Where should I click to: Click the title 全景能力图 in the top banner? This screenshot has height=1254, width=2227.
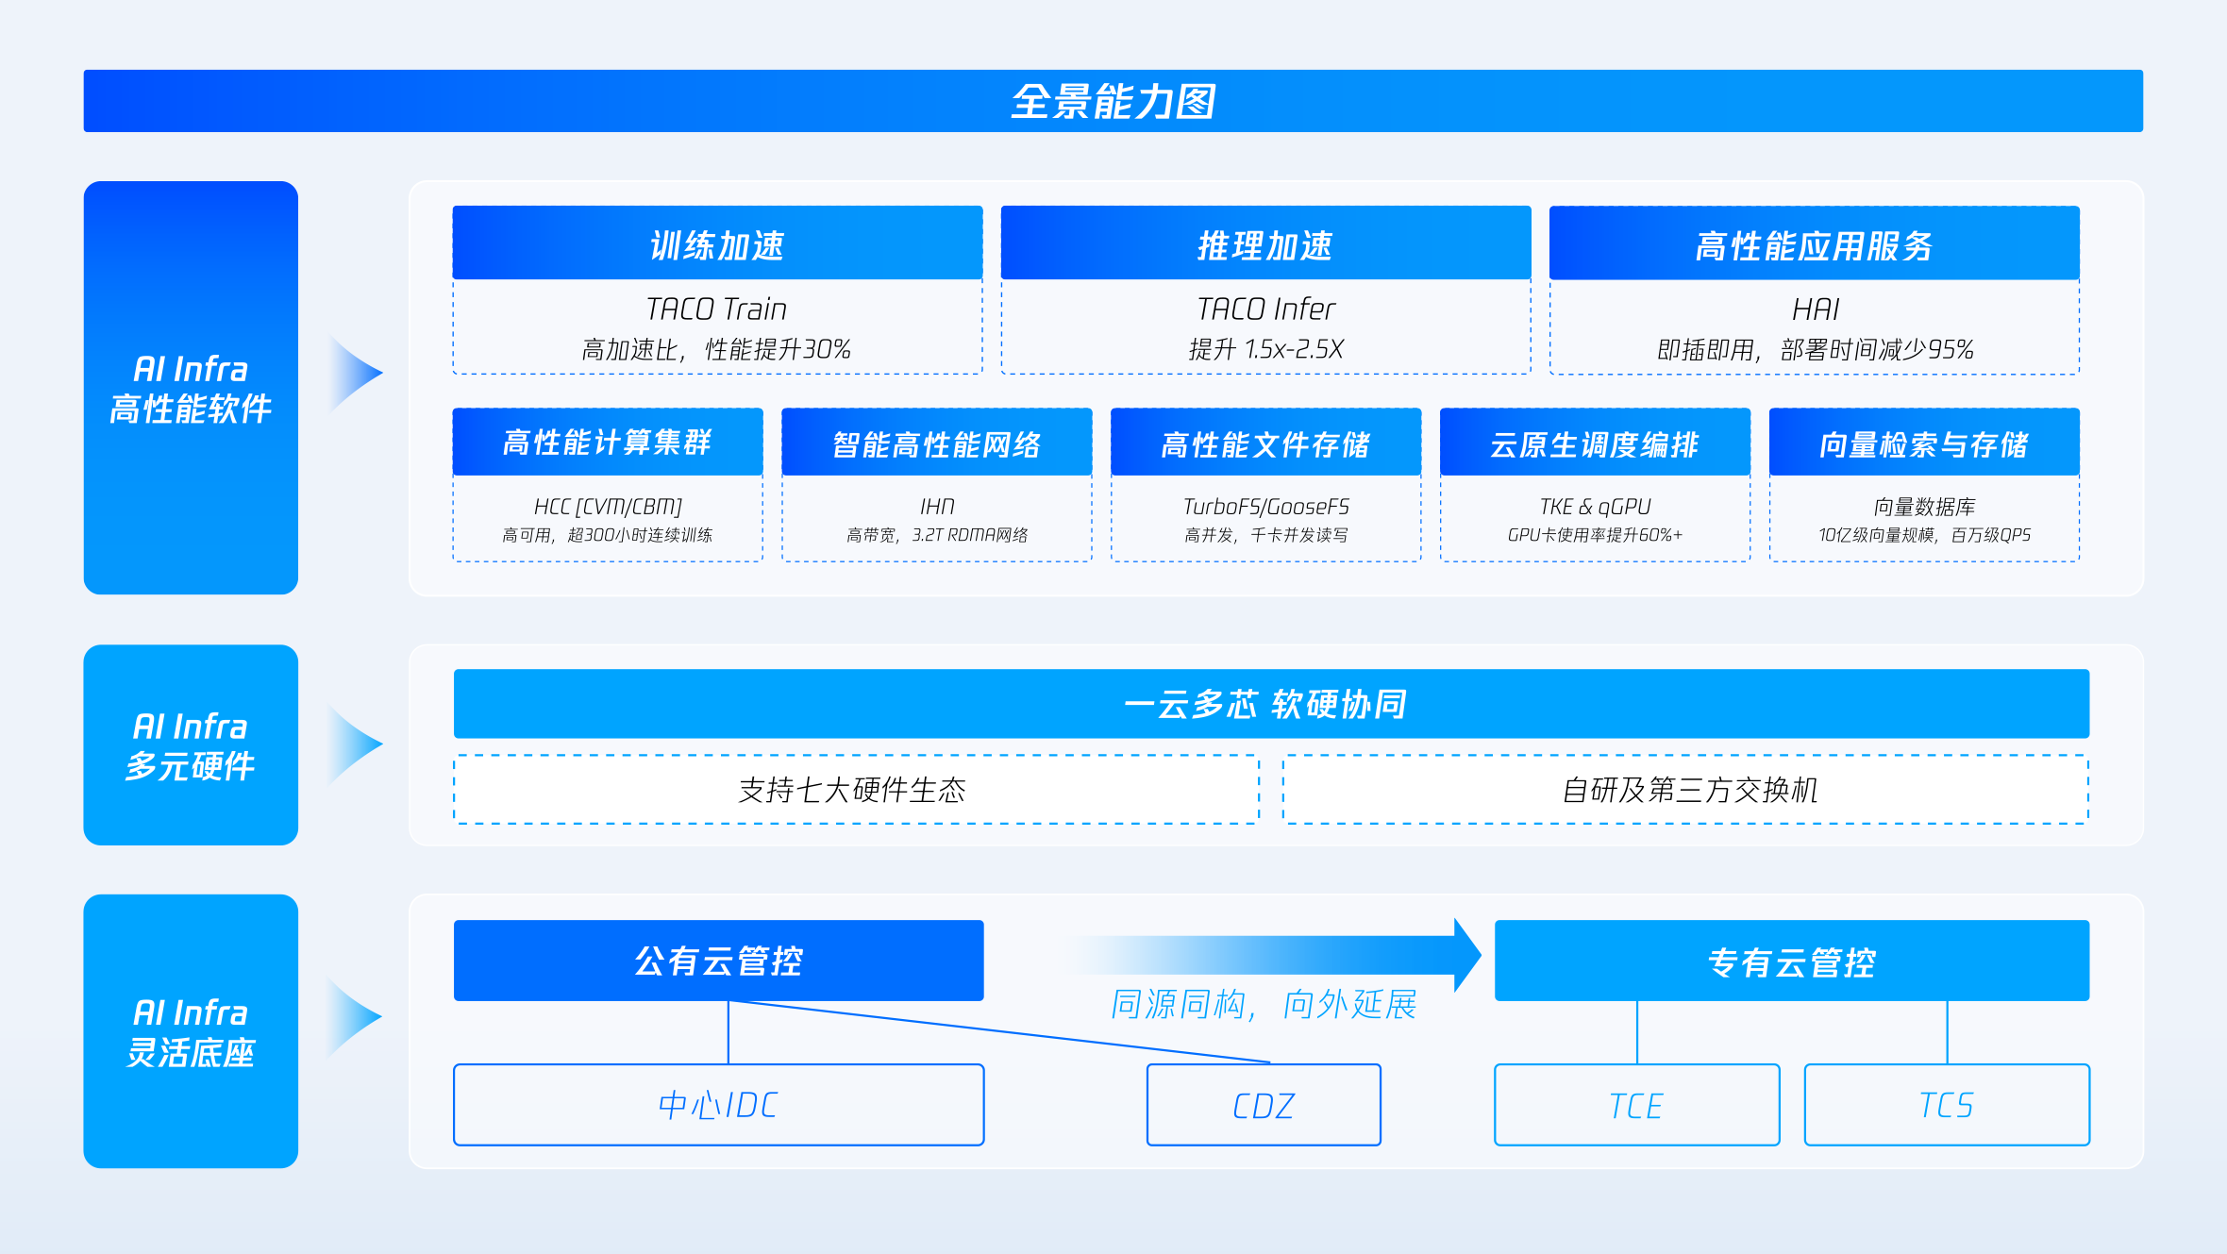click(x=1113, y=101)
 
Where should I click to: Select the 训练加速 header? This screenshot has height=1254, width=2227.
click(x=717, y=243)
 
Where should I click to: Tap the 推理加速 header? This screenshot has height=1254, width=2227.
click(x=1265, y=243)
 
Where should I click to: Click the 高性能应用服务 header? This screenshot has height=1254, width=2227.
click(x=1814, y=243)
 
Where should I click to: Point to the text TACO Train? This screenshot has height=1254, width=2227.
click(x=716, y=309)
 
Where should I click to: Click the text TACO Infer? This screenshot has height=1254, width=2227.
click(x=1265, y=309)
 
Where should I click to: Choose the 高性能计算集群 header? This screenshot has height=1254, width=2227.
click(x=608, y=442)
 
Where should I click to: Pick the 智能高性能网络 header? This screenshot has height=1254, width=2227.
click(x=937, y=442)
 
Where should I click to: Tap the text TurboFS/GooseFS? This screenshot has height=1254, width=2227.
click(x=1266, y=507)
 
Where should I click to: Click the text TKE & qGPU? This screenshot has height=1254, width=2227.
click(x=1595, y=507)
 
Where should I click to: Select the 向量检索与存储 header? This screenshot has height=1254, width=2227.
click(x=1924, y=442)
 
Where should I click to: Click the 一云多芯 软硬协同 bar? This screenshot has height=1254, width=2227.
click(x=1271, y=704)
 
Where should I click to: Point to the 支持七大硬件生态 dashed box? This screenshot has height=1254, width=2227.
click(x=856, y=790)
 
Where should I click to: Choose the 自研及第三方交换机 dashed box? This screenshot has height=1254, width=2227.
click(x=1685, y=790)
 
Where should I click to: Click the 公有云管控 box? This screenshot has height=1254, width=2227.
click(x=719, y=961)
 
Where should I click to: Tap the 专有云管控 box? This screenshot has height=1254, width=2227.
click(x=1792, y=961)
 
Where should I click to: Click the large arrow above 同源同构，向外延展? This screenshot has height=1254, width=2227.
click(x=1274, y=955)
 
